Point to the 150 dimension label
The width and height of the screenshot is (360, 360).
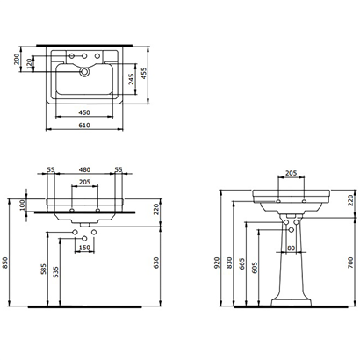83,248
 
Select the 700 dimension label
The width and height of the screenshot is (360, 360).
350,263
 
